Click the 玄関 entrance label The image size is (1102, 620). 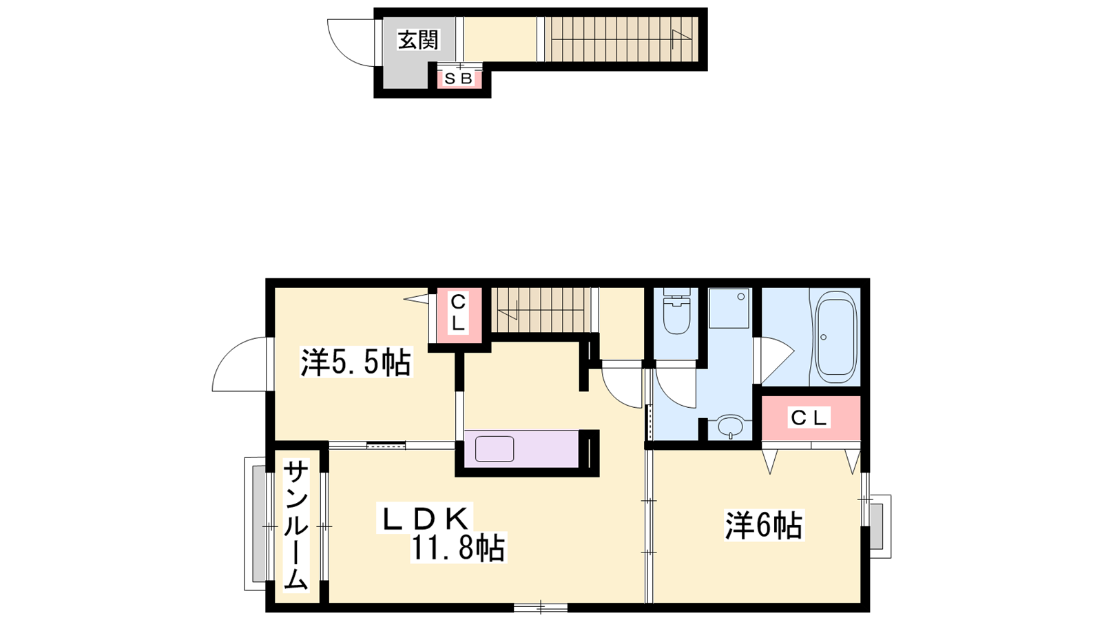(417, 41)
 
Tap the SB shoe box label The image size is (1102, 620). (458, 79)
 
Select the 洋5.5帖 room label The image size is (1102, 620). (356, 362)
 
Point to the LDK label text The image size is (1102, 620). (424, 518)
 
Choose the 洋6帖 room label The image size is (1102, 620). (764, 526)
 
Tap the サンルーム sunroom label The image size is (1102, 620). (295, 524)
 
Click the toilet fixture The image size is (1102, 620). (677, 311)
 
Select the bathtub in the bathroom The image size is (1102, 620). (836, 337)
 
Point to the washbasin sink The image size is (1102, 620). (731, 426)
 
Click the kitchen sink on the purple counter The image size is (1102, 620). (495, 448)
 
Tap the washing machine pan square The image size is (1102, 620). (729, 308)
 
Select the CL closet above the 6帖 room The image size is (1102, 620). (810, 417)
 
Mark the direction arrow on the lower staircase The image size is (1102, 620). (508, 310)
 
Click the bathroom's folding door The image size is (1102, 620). (775, 359)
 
